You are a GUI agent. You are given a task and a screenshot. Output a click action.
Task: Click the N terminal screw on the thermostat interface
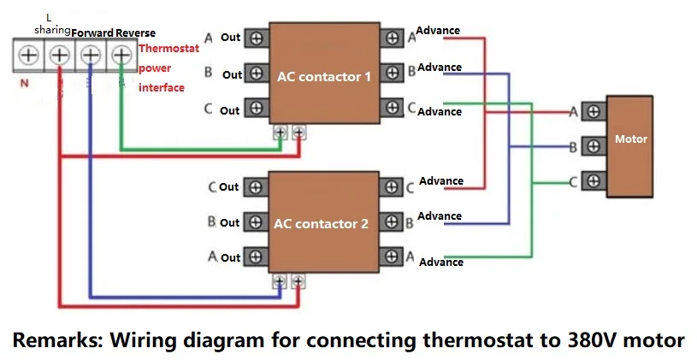click(x=28, y=55)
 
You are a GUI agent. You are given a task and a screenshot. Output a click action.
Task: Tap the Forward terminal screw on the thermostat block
click(x=91, y=55)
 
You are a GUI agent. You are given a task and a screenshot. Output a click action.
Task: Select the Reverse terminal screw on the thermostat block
click(x=121, y=55)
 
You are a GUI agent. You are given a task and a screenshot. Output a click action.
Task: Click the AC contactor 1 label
click(x=324, y=76)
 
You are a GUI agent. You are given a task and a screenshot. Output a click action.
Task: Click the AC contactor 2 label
click(x=321, y=223)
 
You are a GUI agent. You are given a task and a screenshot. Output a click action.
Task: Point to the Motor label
click(x=631, y=139)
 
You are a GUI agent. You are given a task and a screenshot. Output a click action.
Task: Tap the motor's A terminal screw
click(x=594, y=111)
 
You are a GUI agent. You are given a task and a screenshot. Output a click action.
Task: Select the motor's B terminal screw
click(x=594, y=145)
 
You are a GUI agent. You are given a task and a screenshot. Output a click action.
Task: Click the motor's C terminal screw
click(x=594, y=181)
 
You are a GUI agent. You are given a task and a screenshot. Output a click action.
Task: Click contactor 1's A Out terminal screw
click(x=257, y=38)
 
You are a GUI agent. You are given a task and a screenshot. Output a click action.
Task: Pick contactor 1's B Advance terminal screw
click(x=392, y=72)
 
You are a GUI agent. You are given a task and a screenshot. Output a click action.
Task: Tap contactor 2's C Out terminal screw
click(x=256, y=187)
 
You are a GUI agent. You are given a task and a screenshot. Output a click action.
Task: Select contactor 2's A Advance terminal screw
click(x=392, y=257)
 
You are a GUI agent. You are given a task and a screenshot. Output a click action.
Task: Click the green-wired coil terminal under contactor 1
click(x=281, y=133)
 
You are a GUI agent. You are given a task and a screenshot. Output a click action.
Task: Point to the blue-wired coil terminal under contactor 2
click(x=280, y=281)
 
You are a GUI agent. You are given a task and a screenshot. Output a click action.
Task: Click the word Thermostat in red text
click(x=169, y=49)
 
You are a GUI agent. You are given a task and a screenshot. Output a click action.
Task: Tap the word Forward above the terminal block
click(x=92, y=33)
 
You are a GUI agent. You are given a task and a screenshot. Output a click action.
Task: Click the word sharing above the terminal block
click(x=52, y=30)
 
